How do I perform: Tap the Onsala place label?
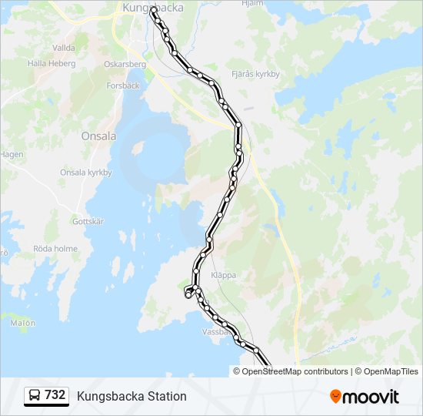[x=98, y=136]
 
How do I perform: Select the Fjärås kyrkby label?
[x=255, y=75]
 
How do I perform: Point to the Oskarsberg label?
[x=125, y=64]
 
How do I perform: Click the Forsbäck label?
[x=124, y=86]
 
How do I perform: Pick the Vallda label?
[x=64, y=47]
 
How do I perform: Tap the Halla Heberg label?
[x=52, y=64]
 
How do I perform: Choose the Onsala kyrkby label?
[x=86, y=173]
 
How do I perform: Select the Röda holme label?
[x=55, y=249]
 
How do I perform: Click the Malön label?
[x=23, y=323]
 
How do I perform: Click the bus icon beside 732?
[x=35, y=395]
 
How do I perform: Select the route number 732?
[x=55, y=395]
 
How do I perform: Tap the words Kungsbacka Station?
[x=132, y=396]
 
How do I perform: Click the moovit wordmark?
[x=371, y=397]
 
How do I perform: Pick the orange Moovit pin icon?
[x=335, y=397]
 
